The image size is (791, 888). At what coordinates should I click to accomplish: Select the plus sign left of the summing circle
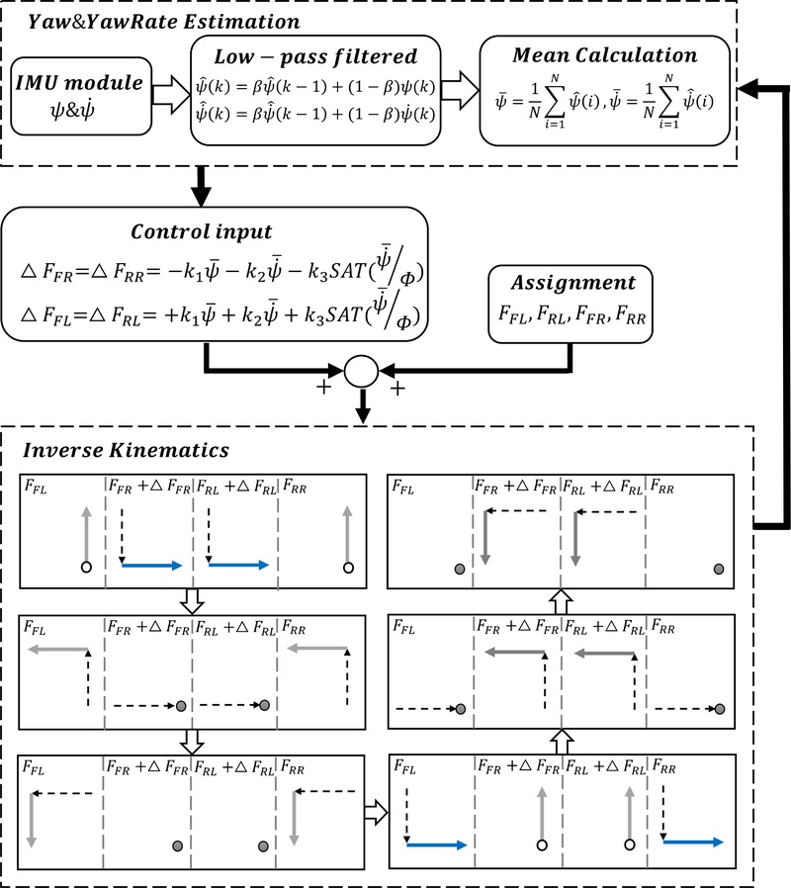(x=321, y=388)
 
